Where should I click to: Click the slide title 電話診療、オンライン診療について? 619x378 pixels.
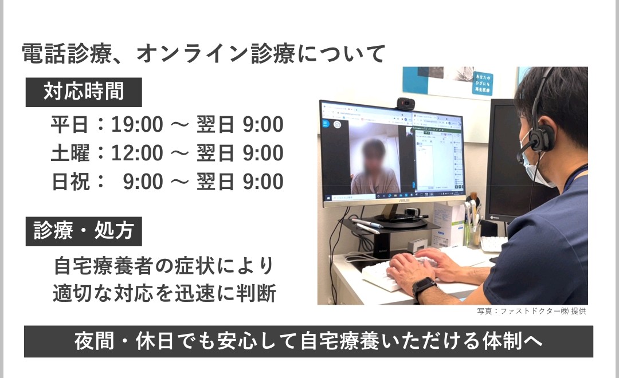(x=203, y=54)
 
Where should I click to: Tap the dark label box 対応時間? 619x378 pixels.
(x=84, y=92)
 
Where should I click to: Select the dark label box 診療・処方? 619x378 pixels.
(x=84, y=231)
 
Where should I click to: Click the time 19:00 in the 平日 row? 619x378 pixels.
(x=137, y=125)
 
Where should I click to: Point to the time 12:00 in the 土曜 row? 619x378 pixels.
(x=137, y=153)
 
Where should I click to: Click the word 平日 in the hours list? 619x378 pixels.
(x=69, y=125)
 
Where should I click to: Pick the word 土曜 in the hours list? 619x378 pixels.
(x=70, y=153)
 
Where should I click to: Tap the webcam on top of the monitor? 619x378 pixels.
(x=405, y=104)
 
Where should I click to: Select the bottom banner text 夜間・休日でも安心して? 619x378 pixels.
(x=185, y=342)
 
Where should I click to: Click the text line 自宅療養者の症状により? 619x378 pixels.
(x=164, y=266)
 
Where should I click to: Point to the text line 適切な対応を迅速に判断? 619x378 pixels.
(x=164, y=294)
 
